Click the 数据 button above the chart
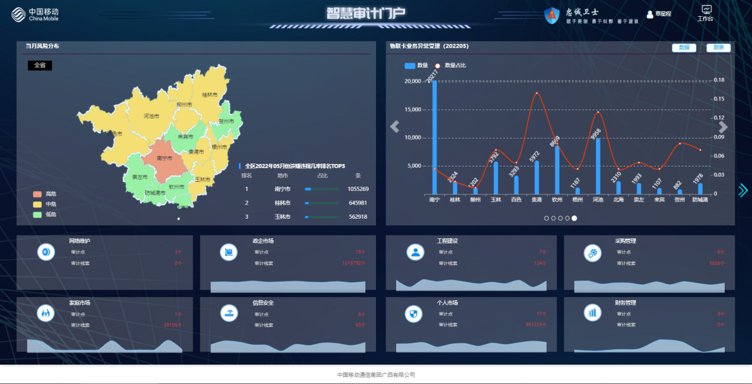coord(684,48)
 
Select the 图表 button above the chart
coord(718,48)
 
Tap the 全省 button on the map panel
coord(40,65)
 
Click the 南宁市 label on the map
coord(165,158)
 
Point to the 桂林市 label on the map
coord(210,95)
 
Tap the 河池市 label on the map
coord(151,116)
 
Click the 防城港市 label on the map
coord(155,193)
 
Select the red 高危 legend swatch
coord(37,194)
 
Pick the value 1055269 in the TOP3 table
coord(358,189)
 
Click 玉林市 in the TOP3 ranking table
coord(282,217)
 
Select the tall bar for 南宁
coord(434,137)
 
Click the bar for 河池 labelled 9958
coord(598,166)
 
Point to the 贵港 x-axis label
coord(536,200)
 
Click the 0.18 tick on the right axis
coord(719,80)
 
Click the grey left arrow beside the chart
coord(394,127)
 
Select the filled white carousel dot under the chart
coord(574,218)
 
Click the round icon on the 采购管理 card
coord(592,253)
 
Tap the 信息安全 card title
coord(263,303)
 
